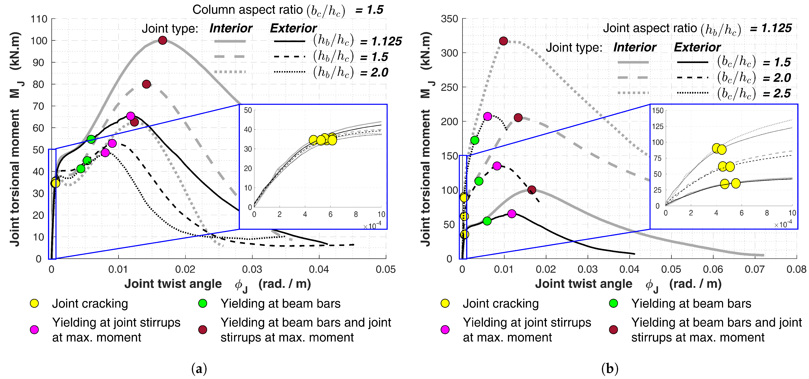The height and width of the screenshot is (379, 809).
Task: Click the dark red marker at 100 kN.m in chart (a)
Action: pos(162,40)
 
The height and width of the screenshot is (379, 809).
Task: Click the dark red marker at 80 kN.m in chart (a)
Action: pos(146,84)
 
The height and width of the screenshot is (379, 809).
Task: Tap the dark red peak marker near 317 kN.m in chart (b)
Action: pos(503,41)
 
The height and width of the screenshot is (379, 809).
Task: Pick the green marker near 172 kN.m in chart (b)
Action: pos(475,140)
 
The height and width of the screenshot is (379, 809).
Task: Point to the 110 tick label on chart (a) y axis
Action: pos(39,19)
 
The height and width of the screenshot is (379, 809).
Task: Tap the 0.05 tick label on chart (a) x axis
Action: pos(386,269)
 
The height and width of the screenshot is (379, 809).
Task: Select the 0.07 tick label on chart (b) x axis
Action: pos(754,269)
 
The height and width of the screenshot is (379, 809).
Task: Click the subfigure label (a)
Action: pos(199,368)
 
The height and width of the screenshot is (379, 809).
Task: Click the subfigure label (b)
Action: pos(610,368)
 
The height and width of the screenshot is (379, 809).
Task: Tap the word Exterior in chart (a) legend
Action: pos(293,28)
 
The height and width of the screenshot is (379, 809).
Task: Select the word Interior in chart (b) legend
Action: pos(635,47)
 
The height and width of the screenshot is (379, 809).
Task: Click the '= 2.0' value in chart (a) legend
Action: pos(374,73)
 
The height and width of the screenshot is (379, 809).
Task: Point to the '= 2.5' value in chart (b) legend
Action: pos(777,93)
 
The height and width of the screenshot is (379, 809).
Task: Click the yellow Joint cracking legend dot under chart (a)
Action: pos(34,303)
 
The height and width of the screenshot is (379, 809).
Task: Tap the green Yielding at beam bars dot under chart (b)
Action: pos(613,303)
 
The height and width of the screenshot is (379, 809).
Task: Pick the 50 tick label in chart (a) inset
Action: pos(248,110)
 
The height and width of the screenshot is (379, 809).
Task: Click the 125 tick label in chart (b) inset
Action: pos(658,126)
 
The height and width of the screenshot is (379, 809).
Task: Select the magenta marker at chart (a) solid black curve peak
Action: pos(131,116)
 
